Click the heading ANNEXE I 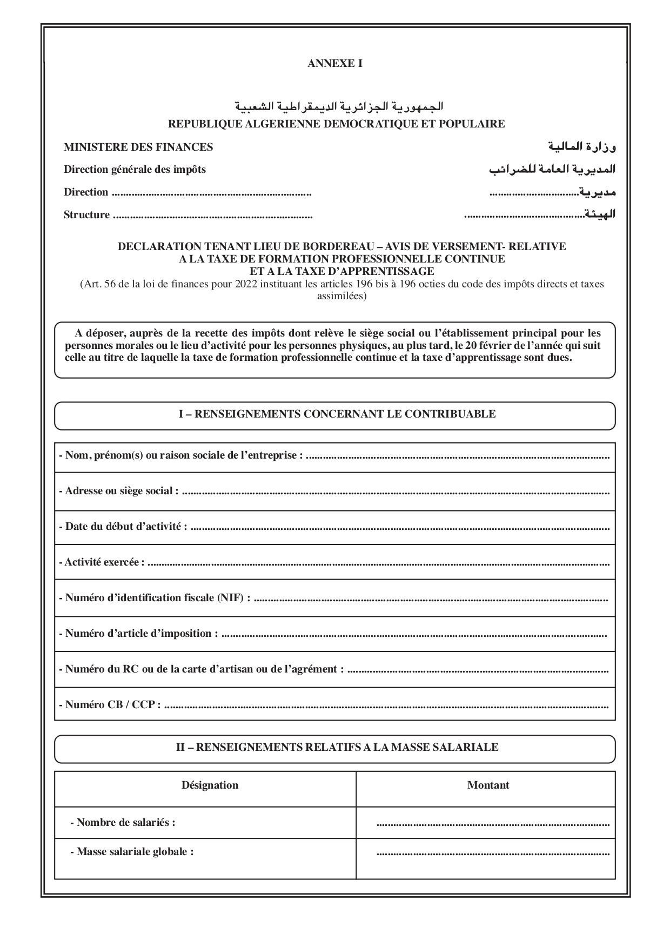pos(334,64)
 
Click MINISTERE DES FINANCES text pos(138,147)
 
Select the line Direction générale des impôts pos(135,170)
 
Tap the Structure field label pos(86,215)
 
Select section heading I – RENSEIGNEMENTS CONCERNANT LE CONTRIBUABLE pos(337,414)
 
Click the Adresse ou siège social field pos(394,492)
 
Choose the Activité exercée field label pos(102,562)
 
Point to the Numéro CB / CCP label pos(110,705)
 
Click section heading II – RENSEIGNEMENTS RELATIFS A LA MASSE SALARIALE pos(337,748)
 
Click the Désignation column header pos(210,785)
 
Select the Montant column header pos(487,785)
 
